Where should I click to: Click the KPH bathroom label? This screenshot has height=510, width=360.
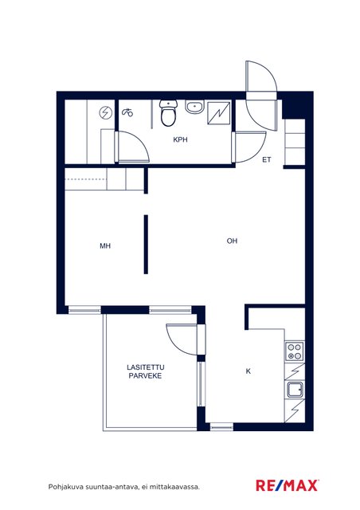pos(180,140)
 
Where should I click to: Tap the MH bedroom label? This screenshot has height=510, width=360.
pos(105,246)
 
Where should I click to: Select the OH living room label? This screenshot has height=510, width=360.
pos(232,241)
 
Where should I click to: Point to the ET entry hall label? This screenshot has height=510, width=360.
pos(267,160)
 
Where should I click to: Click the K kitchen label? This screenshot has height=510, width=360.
pos(248,371)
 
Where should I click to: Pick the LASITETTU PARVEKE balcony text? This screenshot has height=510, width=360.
pos(146,371)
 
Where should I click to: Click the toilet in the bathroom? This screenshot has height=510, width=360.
pos(168,113)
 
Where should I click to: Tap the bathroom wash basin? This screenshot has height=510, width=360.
pos(195,107)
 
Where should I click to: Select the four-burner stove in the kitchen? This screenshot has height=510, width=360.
pos(295,351)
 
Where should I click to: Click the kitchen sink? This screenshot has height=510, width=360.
pos(295,390)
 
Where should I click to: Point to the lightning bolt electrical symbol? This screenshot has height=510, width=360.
pos(105,113)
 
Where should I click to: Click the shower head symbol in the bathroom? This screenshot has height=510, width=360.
pos(127,112)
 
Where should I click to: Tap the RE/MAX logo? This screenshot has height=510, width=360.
pos(288,485)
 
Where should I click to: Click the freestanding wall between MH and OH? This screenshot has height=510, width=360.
pos(146,245)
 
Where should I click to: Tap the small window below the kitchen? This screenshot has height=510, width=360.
pos(221,426)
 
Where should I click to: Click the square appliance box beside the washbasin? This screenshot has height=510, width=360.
pos(219,113)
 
